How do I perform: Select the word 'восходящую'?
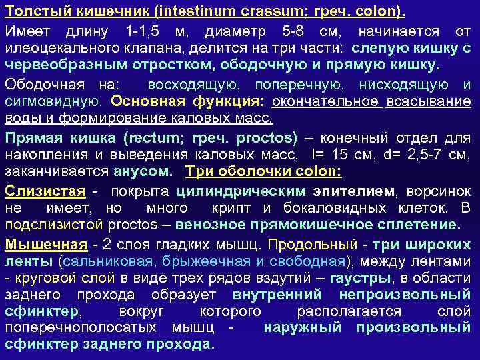pos(187,85)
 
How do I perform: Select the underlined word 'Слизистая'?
pos(45,191)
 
